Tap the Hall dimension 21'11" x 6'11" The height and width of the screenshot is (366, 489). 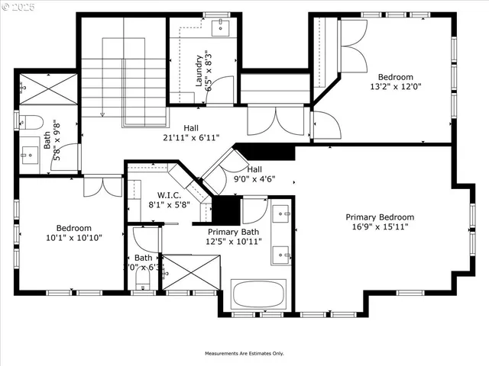click(190, 138)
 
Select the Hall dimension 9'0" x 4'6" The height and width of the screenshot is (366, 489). click(254, 180)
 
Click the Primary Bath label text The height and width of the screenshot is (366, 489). click(233, 232)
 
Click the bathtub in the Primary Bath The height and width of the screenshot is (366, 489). click(258, 294)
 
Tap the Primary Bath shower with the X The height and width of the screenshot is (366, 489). click(190, 273)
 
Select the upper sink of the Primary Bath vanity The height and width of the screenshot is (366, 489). click(280, 213)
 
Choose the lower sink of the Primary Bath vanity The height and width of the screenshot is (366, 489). click(280, 252)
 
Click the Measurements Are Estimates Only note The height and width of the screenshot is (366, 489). click(244, 354)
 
